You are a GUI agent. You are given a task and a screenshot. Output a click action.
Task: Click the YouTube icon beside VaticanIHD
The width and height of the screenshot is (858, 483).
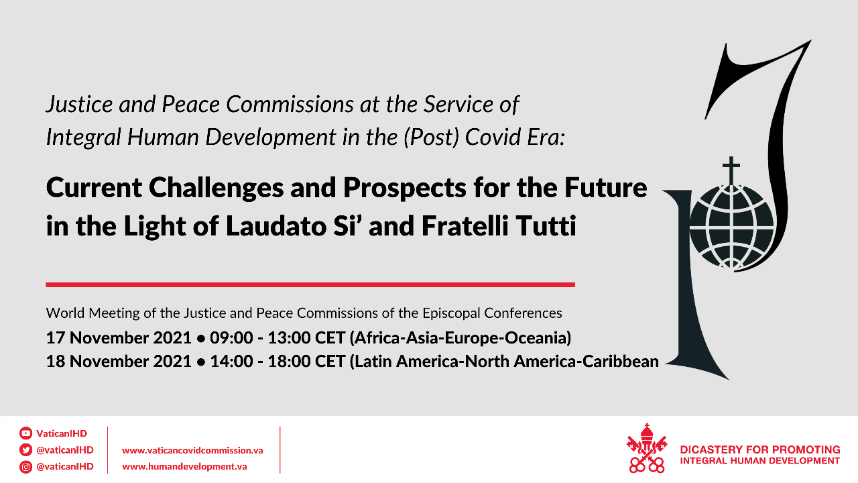25,433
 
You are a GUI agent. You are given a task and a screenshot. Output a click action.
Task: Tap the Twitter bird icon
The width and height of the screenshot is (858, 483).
25,449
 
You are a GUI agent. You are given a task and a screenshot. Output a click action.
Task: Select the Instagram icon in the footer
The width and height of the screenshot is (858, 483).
25,466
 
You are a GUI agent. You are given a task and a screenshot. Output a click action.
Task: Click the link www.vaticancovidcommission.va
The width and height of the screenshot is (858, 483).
192,450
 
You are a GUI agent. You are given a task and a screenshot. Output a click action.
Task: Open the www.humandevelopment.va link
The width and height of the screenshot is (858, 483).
184,466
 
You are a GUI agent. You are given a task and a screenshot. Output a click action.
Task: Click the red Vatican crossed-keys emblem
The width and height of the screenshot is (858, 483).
647,448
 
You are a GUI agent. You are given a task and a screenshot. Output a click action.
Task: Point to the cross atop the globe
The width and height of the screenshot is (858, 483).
731,170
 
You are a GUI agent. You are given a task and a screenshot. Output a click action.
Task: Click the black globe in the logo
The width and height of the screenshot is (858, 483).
731,227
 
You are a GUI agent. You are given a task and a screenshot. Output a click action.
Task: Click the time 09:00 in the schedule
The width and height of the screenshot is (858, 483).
231,338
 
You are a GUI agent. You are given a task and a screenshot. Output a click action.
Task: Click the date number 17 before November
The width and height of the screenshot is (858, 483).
55,338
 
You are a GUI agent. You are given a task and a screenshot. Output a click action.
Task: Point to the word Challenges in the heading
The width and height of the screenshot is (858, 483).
216,189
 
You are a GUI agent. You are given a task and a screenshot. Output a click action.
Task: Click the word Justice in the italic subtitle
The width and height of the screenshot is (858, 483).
79,104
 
